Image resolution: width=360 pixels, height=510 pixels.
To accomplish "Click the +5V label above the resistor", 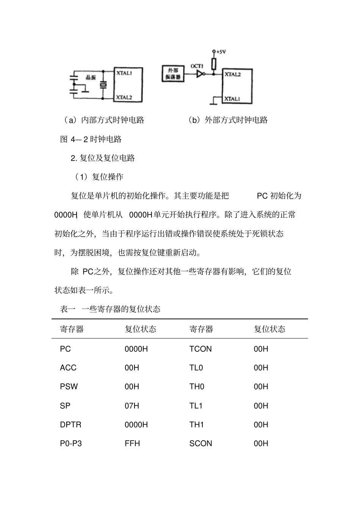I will click(x=220, y=52).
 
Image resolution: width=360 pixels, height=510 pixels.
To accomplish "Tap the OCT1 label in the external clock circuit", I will click(x=197, y=66).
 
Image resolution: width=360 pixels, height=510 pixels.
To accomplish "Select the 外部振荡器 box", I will click(x=173, y=74).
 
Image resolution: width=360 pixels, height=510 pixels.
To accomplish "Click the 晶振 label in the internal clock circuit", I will click(x=91, y=77).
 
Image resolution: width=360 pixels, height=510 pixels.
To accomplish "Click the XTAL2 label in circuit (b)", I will click(x=232, y=74).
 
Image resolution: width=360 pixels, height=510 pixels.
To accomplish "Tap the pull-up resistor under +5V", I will click(x=214, y=64).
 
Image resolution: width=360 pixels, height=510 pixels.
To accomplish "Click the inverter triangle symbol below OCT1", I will click(x=200, y=74).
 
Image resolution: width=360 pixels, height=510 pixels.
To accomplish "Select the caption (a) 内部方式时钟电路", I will click(x=104, y=120).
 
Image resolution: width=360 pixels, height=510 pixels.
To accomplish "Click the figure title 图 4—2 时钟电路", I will click(x=91, y=139).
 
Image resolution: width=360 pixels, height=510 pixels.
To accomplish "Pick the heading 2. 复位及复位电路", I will click(x=103, y=158).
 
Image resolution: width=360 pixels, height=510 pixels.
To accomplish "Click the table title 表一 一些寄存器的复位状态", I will click(x=110, y=309).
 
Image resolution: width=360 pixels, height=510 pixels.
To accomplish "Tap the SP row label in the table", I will click(x=65, y=406).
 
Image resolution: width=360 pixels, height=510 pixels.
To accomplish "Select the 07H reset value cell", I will click(x=132, y=406).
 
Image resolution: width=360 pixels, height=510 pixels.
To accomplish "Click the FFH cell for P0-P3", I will click(x=132, y=444).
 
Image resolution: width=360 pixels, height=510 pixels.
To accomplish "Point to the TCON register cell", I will click(x=200, y=349).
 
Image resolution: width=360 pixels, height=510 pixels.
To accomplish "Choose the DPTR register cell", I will click(x=70, y=425).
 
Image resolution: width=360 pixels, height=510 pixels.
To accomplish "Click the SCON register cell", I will click(x=200, y=444).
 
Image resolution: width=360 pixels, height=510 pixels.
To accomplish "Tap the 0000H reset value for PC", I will click(x=136, y=349).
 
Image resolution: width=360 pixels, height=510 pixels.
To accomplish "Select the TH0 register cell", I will click(x=197, y=387).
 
